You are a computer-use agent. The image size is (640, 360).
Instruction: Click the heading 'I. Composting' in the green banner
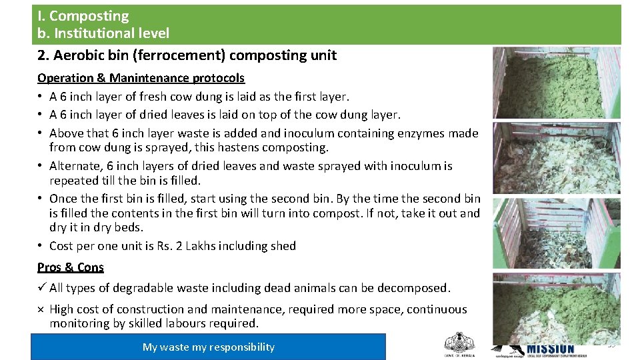(x=83, y=16)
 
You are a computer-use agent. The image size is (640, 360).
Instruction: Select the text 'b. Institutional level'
(x=103, y=33)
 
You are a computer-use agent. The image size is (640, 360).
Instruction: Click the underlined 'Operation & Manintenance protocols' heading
(x=141, y=78)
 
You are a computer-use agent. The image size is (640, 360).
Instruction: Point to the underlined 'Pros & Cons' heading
(x=71, y=267)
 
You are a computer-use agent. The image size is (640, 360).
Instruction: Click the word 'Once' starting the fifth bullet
(x=63, y=199)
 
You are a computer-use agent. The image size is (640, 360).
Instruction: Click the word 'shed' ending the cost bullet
(x=283, y=246)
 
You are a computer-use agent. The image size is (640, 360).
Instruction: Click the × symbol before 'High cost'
(x=41, y=309)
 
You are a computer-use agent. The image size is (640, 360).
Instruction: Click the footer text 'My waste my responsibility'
(x=208, y=347)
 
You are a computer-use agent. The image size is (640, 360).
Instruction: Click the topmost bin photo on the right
(x=556, y=83)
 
